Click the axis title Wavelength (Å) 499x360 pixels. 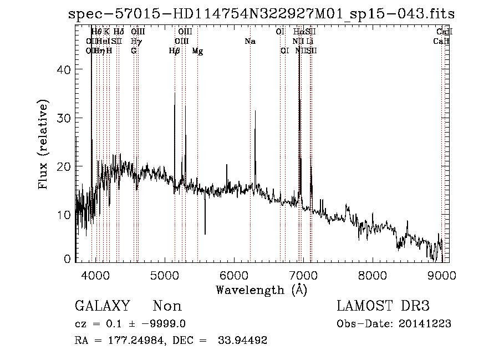[x=262, y=290]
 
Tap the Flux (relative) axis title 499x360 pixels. [x=44, y=144]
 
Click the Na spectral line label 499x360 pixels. [x=250, y=42]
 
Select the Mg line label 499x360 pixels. [x=197, y=51]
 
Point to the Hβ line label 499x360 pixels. [x=174, y=51]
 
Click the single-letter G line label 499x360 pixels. [x=134, y=51]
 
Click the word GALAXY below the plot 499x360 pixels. [x=103, y=306]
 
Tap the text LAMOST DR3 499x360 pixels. [x=383, y=306]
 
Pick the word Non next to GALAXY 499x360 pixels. [x=167, y=306]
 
